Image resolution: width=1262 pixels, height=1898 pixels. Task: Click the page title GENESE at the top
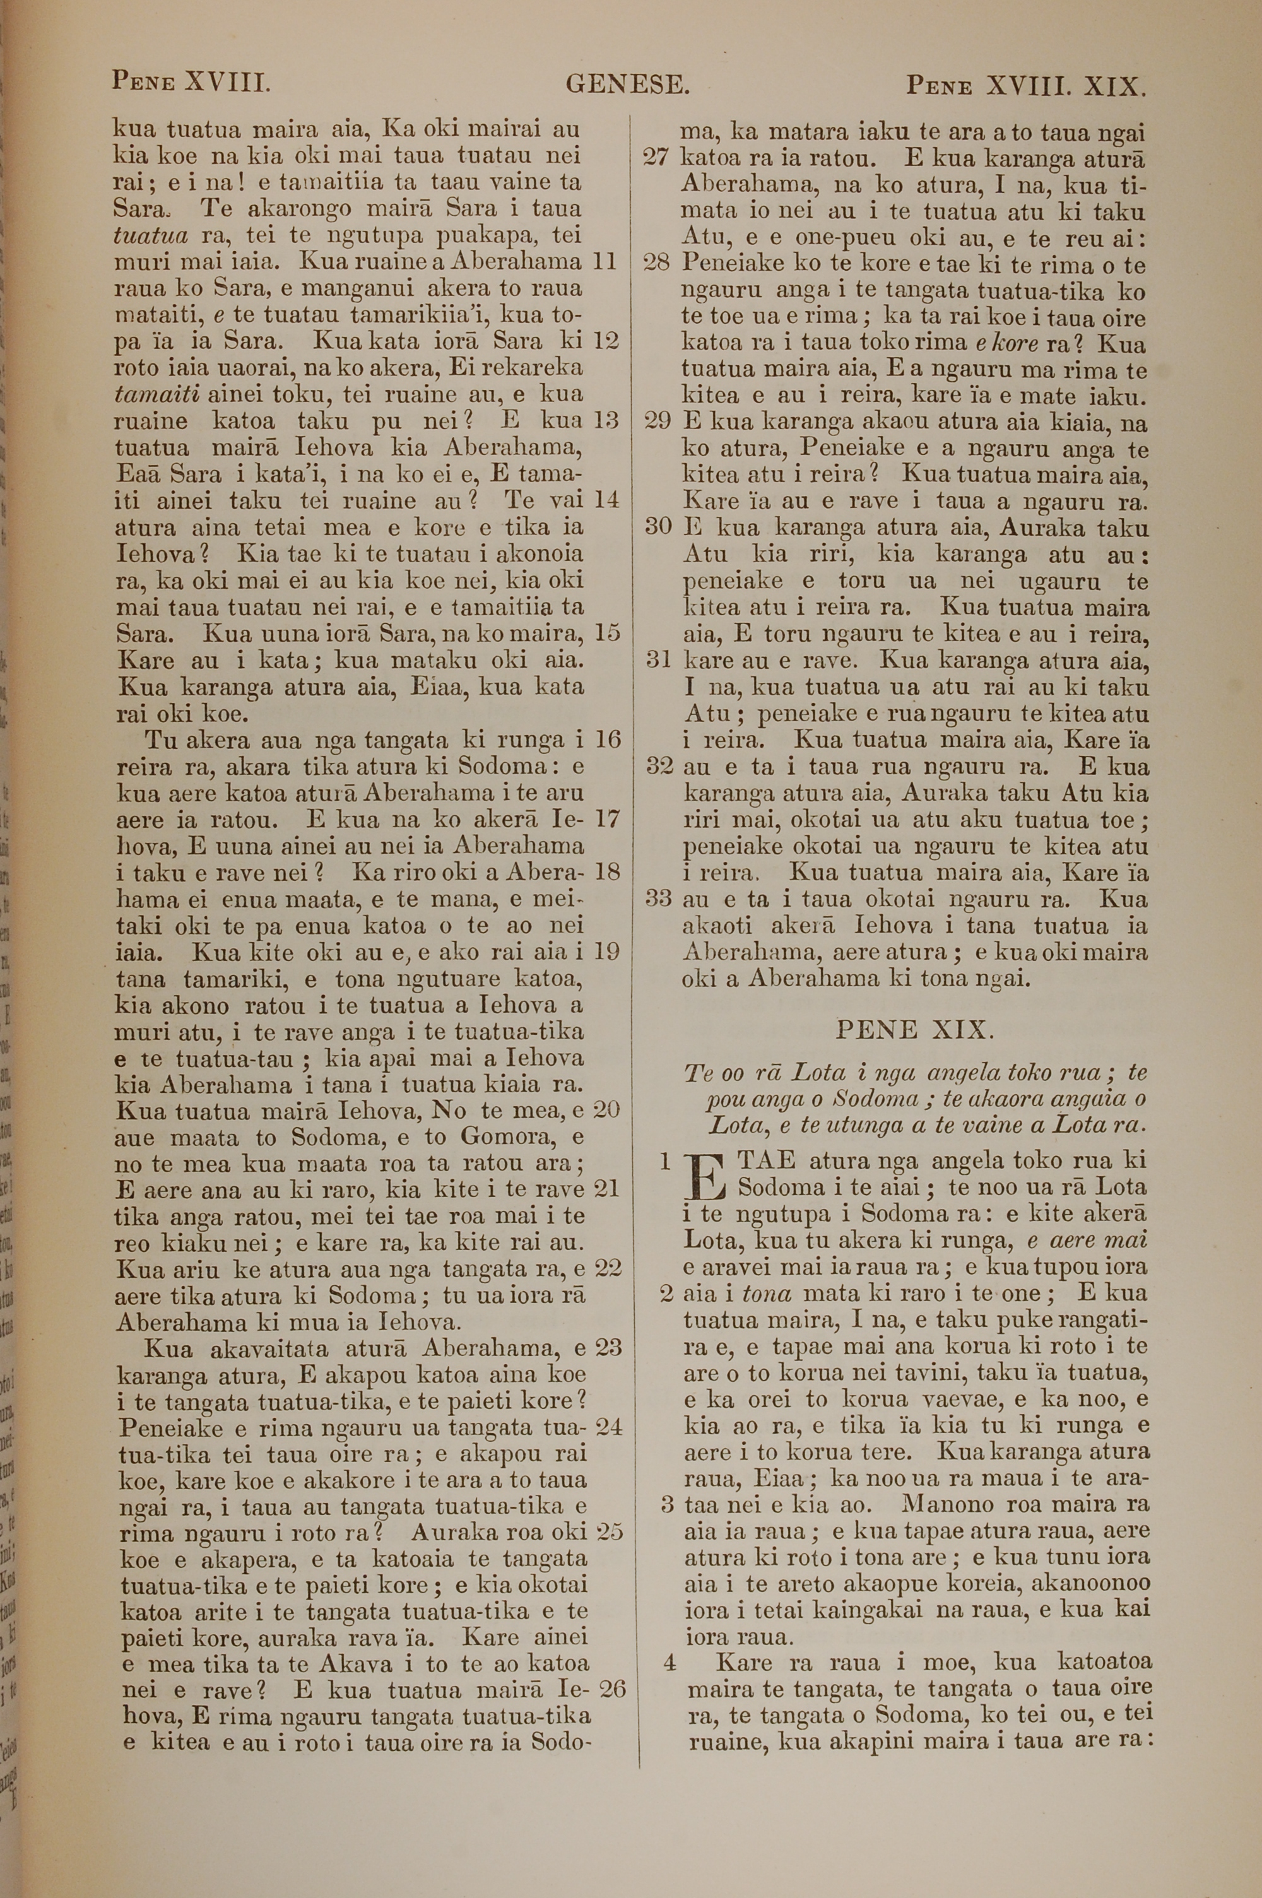627,84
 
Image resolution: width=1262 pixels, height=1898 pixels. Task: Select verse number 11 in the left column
604,261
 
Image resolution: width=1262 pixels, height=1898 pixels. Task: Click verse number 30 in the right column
658,528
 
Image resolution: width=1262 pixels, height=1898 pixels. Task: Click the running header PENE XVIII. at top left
191,82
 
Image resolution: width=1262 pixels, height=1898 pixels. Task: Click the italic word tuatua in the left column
151,236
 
